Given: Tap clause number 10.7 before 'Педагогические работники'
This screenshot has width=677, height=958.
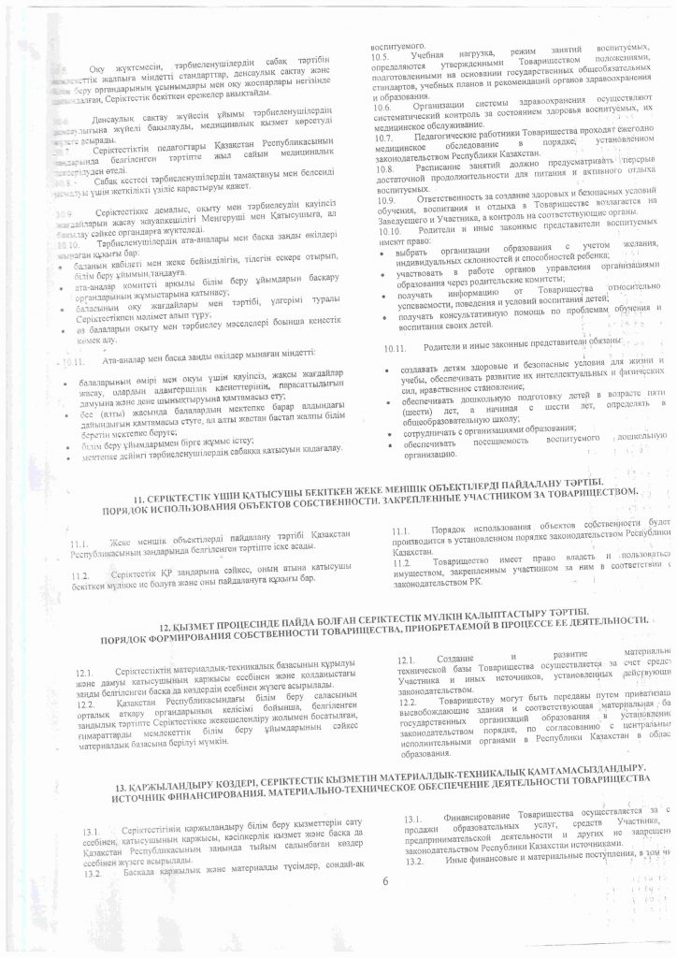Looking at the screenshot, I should pos(382,138).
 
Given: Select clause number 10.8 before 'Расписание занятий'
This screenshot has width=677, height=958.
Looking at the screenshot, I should pos(382,169).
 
